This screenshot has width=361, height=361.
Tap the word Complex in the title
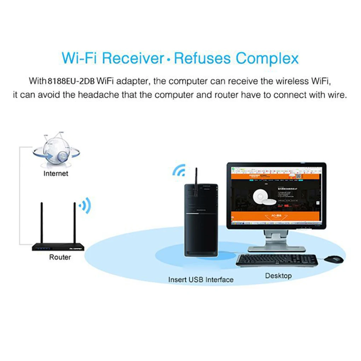coord(268,58)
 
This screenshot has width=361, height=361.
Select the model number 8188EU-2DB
coord(70,81)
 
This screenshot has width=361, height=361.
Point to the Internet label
coord(56,173)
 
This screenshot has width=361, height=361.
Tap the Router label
coord(60,257)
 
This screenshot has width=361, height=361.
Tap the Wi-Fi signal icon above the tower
coord(179,170)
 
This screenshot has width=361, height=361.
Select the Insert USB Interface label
coord(201,280)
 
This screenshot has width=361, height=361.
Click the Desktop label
coord(278,275)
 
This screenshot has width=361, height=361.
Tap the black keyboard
coord(276,260)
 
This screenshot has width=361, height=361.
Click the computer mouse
coord(333,259)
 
